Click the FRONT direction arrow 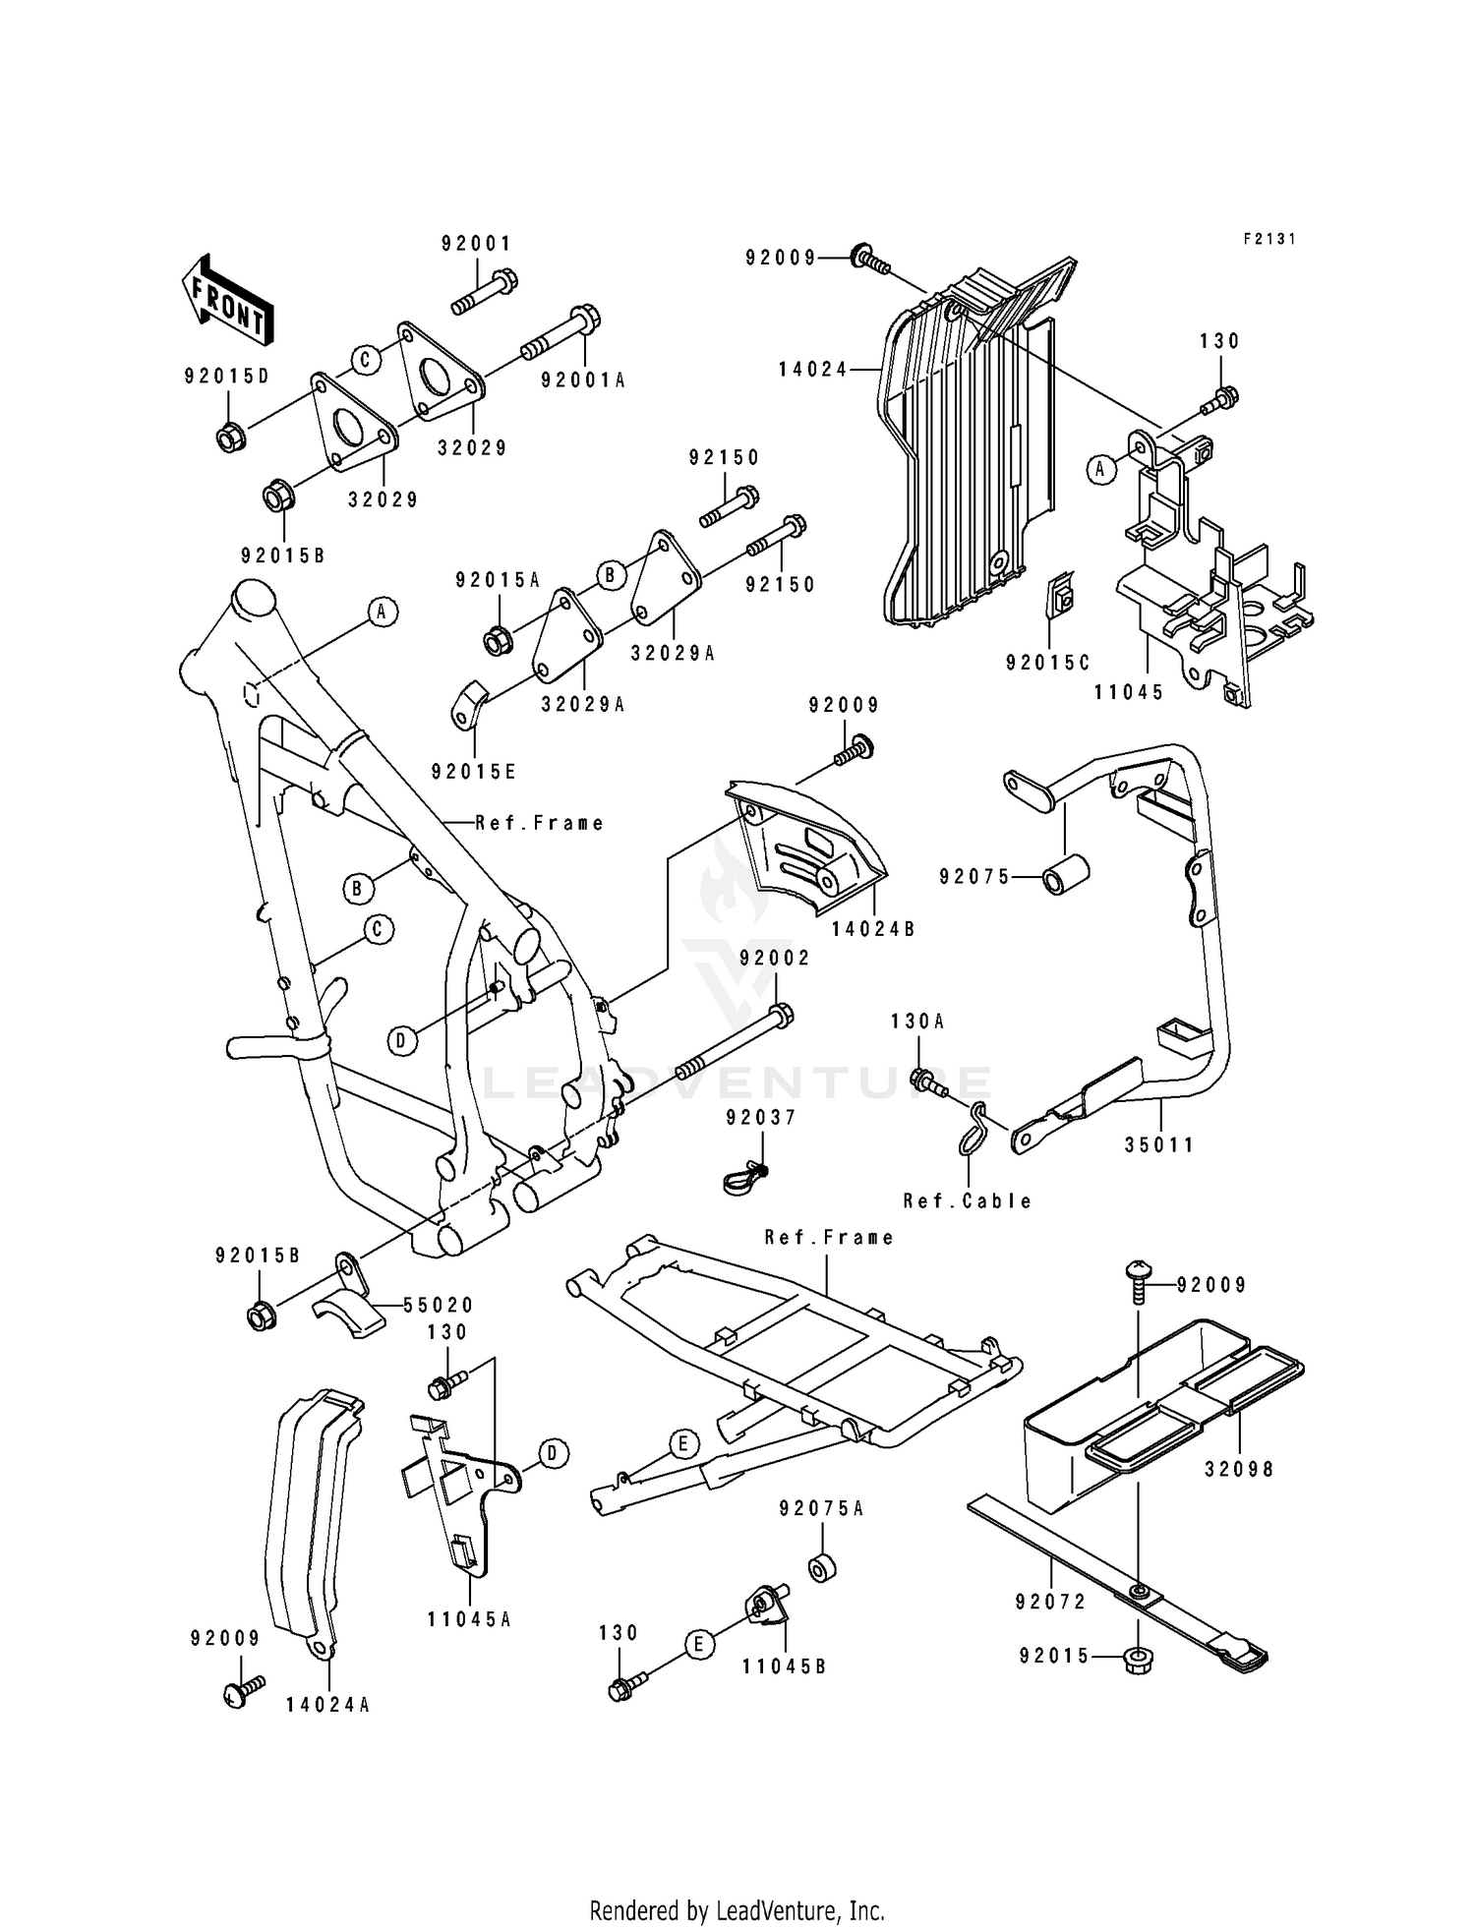click(226, 298)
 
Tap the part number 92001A click(583, 380)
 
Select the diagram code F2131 click(1269, 239)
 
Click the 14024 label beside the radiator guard click(812, 370)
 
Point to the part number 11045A click(469, 1619)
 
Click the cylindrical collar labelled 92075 click(1067, 874)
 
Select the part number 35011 click(1160, 1144)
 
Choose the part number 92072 click(1050, 1602)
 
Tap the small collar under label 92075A click(820, 1569)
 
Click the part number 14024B click(873, 927)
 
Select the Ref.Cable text click(968, 1200)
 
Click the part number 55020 click(439, 1305)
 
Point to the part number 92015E click(473, 772)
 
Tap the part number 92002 click(775, 958)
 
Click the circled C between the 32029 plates click(365, 361)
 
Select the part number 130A click(917, 1022)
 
